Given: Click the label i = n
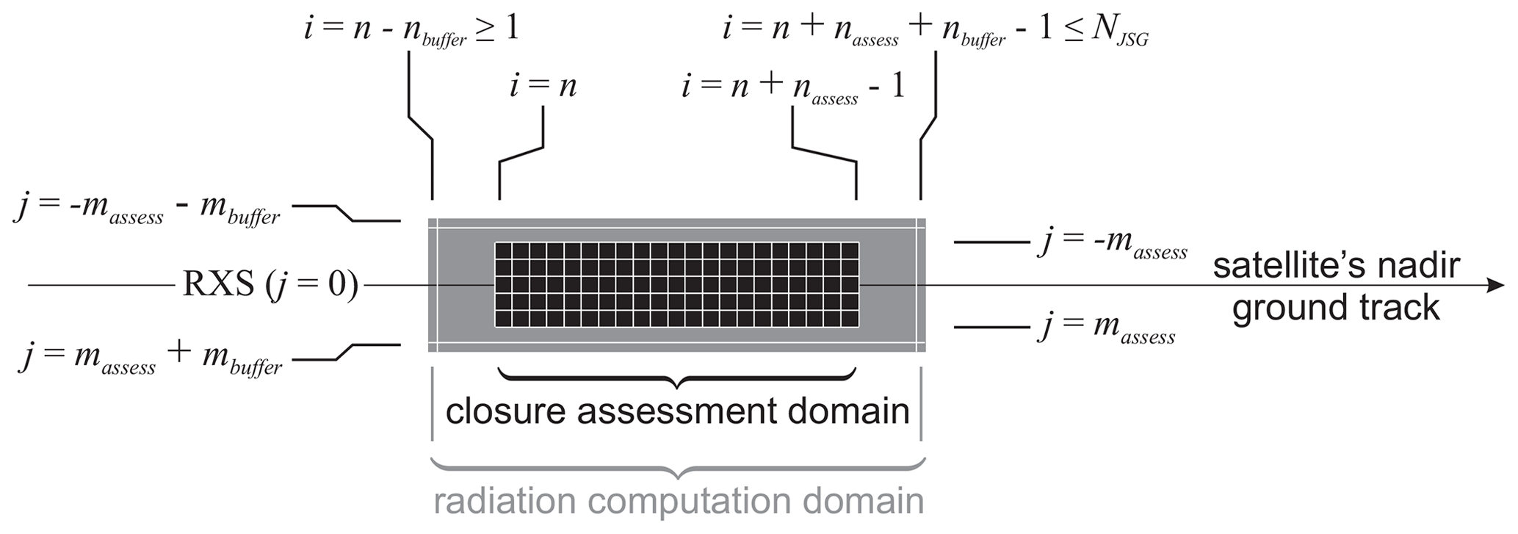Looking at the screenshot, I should point(543,87).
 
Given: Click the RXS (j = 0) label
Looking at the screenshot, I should point(270,285).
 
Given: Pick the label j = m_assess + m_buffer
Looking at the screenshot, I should point(150,358).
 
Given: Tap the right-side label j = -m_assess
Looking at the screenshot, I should point(1113,243).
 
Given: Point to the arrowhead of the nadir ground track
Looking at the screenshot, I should point(1495,285).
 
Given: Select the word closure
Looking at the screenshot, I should point(507,411).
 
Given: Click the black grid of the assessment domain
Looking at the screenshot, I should point(676,285).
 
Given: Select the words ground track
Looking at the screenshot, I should point(1335,307).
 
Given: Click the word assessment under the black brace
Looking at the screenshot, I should point(676,411).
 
